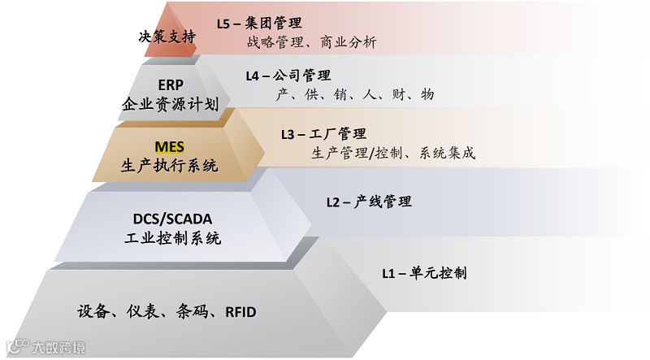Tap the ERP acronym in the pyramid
(171, 87)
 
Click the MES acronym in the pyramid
(171, 147)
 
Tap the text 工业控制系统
(176, 239)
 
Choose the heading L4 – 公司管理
(288, 76)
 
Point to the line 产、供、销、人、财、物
(355, 95)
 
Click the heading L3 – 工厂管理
(323, 133)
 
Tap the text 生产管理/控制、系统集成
(393, 153)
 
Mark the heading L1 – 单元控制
(424, 273)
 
